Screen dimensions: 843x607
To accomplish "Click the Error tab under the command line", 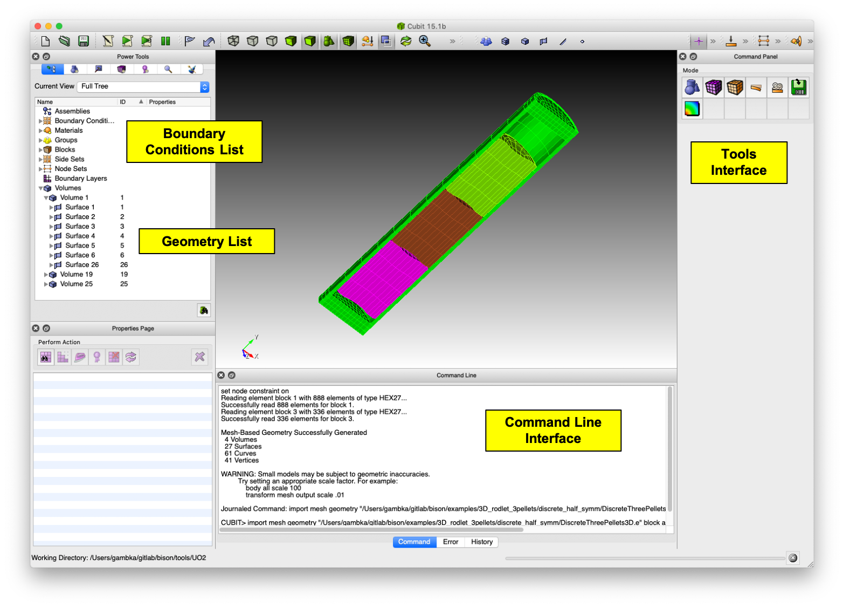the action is [x=450, y=542].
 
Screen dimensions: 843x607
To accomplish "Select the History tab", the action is [x=481, y=542].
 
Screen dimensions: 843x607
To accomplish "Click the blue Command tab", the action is [x=414, y=542].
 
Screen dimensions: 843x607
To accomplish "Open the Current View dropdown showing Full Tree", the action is [x=143, y=86].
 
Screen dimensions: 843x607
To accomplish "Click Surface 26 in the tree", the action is [x=82, y=264].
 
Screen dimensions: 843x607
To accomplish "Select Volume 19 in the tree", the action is [x=76, y=274].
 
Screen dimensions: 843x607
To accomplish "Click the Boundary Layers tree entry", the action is [x=80, y=178].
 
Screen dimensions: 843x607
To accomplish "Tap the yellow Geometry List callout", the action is [x=206, y=241].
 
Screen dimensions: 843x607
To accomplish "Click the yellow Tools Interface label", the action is [x=738, y=162].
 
